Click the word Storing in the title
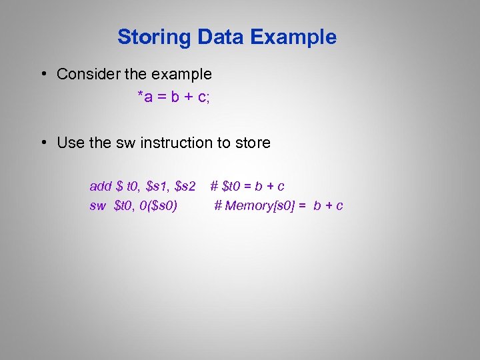click(x=151, y=37)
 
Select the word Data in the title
click(x=214, y=37)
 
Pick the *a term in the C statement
click(x=145, y=97)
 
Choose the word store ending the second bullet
click(x=254, y=143)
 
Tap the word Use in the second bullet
click(x=71, y=143)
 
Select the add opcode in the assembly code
click(x=101, y=185)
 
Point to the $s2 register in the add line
click(x=185, y=186)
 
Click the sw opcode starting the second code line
click(x=97, y=205)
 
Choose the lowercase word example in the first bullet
click(x=181, y=75)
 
